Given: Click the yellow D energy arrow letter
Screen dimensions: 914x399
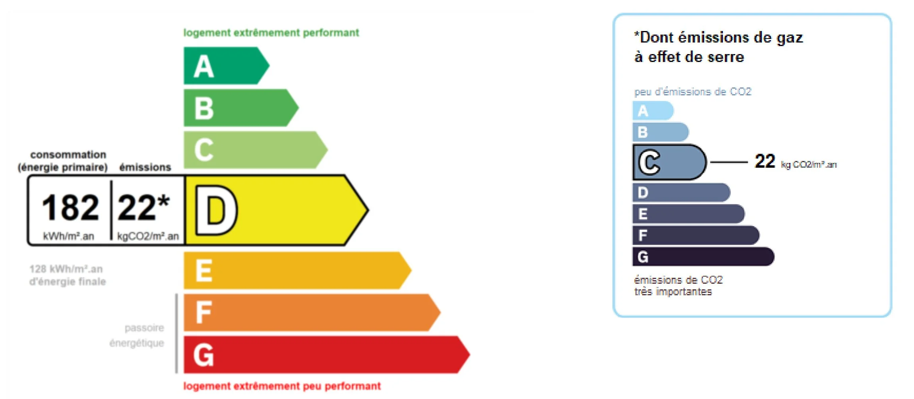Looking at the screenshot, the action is click(x=216, y=211).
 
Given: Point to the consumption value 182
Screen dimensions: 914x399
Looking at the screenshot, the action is click(x=70, y=207).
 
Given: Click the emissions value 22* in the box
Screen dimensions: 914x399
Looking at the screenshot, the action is click(x=143, y=207).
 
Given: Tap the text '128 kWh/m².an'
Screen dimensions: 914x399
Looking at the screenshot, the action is click(x=66, y=269).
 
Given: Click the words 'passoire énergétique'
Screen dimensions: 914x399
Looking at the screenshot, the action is click(x=137, y=335).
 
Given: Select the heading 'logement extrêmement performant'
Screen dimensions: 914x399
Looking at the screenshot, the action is click(x=271, y=33).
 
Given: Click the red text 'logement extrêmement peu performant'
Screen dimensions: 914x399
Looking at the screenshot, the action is click(x=282, y=386).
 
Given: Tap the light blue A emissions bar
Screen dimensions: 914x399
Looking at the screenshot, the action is click(x=653, y=111).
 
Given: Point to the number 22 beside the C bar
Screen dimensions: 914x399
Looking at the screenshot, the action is click(x=765, y=161).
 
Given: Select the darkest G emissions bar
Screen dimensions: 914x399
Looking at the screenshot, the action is click(x=703, y=257).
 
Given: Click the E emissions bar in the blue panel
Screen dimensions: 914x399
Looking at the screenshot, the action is click(x=688, y=214).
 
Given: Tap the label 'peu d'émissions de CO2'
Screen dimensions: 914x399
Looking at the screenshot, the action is click(x=693, y=92).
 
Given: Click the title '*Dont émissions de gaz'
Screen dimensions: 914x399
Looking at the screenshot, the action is click(x=718, y=37).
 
